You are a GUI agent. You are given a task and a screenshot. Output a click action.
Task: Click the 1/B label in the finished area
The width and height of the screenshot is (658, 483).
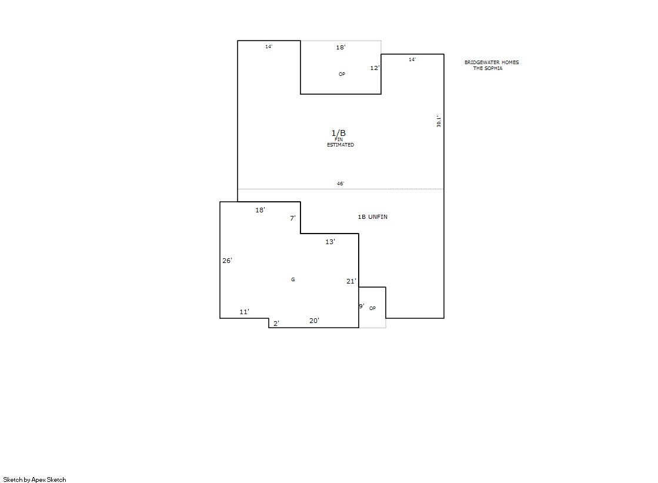339,133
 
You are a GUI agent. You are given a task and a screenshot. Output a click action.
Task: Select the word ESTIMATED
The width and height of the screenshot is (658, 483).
340,145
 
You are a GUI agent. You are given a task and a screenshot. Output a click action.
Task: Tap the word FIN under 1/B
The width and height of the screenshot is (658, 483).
339,139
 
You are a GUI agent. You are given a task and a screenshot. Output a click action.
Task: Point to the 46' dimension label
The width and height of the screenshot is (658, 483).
340,184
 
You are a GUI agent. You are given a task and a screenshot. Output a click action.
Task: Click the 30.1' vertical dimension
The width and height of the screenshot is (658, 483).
439,121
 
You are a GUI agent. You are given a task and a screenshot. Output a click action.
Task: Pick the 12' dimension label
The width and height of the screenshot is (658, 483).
375,68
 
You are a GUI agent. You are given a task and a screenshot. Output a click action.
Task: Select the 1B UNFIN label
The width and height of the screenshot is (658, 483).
373,216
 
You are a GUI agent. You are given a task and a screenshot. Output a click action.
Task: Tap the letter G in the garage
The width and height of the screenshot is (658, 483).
293,279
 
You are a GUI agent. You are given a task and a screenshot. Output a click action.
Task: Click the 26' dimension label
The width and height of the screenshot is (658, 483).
227,261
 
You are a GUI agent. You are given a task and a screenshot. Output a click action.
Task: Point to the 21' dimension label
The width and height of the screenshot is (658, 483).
351,281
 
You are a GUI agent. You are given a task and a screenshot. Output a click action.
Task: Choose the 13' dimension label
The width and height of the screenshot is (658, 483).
330,241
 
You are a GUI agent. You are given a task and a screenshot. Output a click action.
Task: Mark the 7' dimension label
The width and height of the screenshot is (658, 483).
293,218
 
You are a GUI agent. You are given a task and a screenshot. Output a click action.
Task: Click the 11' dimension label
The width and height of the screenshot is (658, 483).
244,312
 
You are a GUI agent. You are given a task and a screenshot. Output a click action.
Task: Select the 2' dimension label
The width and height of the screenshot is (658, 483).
276,324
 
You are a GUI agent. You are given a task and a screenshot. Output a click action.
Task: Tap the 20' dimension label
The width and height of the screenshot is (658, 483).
315,321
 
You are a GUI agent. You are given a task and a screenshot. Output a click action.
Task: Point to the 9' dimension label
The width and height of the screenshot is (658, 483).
361,306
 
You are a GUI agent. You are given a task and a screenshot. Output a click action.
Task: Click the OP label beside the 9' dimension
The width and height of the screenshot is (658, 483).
372,308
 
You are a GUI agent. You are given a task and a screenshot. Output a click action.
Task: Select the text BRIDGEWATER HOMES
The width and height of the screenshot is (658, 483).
492,62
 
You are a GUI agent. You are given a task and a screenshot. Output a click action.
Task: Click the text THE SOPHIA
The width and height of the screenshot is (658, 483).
487,68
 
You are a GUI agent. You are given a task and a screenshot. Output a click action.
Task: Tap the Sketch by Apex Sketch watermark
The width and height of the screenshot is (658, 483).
35,479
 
